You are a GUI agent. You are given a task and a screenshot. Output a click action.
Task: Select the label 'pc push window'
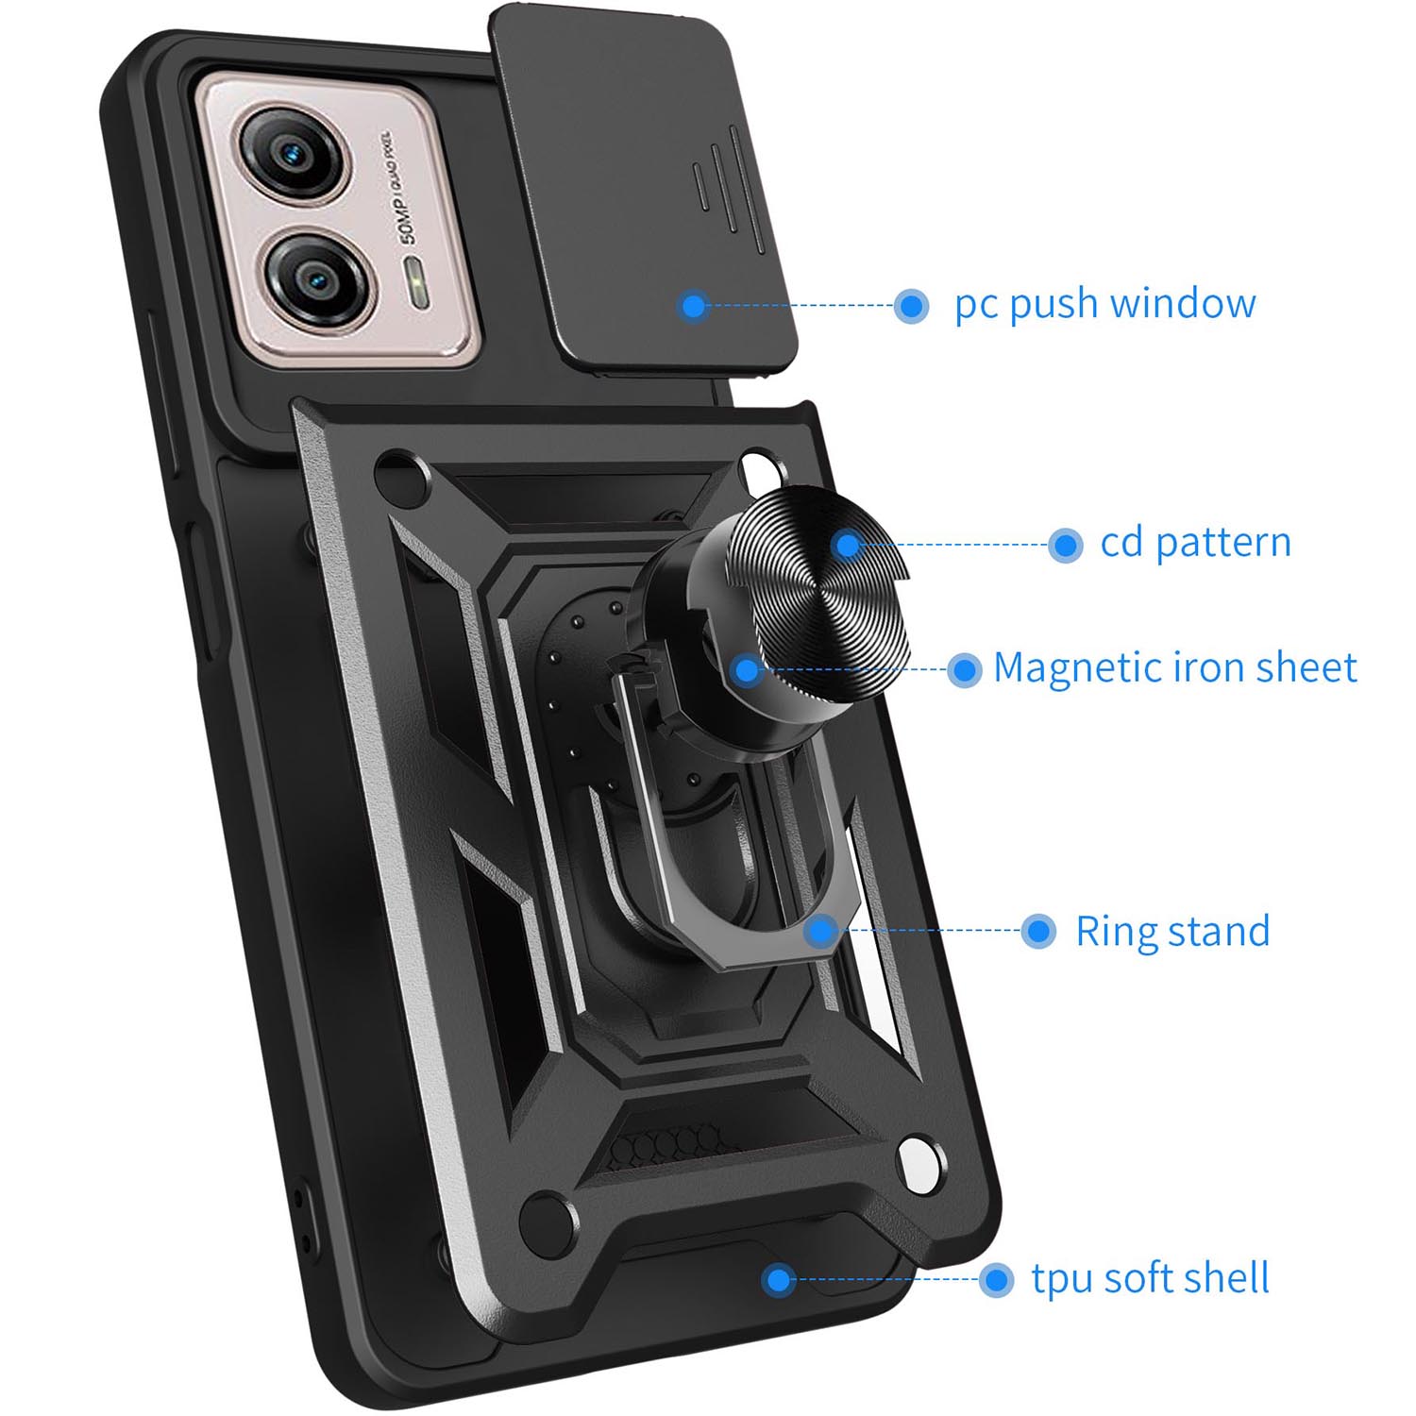click(x=1104, y=304)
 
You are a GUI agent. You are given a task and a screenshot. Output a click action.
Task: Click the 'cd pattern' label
click(x=1195, y=543)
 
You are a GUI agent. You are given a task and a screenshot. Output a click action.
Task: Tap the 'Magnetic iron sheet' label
click(x=1174, y=667)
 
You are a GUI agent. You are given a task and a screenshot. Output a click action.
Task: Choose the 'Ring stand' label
click(x=1172, y=931)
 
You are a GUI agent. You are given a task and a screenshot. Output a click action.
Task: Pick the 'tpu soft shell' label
click(x=1150, y=1278)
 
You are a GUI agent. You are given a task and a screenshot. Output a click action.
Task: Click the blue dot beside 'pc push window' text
click(x=911, y=305)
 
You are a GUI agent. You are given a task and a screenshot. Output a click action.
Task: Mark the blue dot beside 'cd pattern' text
click(x=1066, y=545)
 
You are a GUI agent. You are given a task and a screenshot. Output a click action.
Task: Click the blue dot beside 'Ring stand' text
click(x=1038, y=931)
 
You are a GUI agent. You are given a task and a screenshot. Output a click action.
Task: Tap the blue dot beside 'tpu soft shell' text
click(x=996, y=1280)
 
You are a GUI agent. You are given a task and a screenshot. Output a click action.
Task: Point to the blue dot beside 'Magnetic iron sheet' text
click(x=964, y=670)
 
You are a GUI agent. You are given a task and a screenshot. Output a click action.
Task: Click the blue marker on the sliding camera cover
click(x=694, y=305)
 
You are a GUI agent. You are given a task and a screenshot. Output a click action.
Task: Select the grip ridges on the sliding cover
click(x=727, y=189)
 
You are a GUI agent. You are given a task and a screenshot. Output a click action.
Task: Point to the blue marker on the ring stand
click(x=821, y=931)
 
